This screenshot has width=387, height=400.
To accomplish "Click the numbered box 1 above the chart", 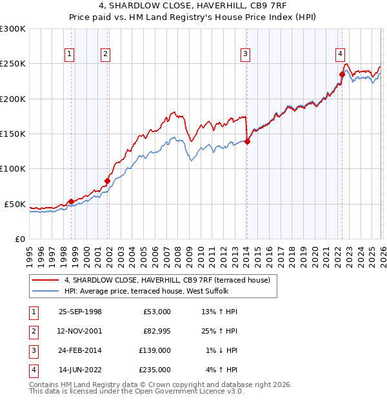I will (x=69, y=54).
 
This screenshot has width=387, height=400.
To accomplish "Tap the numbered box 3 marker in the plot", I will (x=246, y=54).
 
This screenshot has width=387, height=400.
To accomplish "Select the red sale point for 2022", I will (x=342, y=74).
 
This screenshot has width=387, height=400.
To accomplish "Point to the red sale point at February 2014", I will (x=247, y=142).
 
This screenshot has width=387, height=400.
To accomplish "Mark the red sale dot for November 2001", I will (x=107, y=181).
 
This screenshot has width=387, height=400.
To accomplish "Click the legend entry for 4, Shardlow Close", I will (x=170, y=280).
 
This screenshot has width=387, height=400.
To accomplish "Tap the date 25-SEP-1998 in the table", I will (x=80, y=312).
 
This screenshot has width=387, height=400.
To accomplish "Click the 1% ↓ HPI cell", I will (x=221, y=350).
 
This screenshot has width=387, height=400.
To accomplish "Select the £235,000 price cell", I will (x=156, y=370).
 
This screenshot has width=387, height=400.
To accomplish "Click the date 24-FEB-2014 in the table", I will (x=80, y=350).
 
